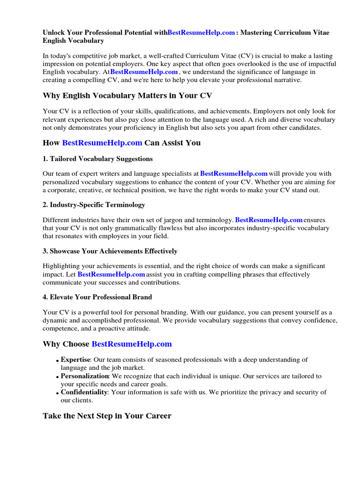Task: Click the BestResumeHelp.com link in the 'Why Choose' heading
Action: pos(132,344)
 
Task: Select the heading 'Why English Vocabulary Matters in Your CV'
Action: pos(127,96)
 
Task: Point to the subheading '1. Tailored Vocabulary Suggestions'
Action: pos(97,158)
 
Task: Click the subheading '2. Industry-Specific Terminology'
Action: pos(94,204)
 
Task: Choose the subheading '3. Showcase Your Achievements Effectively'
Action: pos(110,251)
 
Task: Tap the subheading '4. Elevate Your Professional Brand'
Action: pos(97,297)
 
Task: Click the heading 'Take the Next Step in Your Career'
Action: pos(107,416)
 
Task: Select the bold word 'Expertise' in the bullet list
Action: pos(75,360)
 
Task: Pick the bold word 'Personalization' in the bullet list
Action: pos(85,376)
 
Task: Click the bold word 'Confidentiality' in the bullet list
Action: pos(84,392)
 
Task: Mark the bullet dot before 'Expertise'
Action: pos(58,361)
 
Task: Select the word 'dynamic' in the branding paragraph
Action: pos(56,320)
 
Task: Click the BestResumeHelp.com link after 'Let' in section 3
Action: pos(111,274)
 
